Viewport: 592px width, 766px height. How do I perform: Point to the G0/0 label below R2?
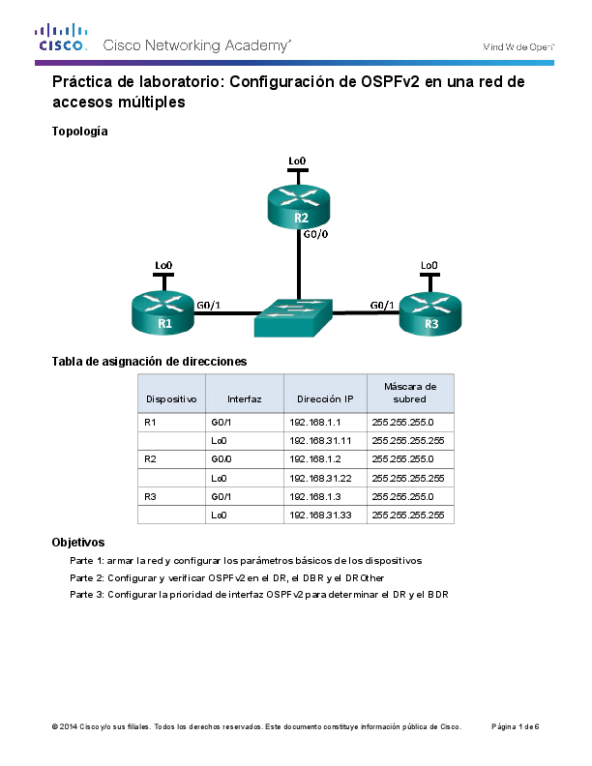point(315,235)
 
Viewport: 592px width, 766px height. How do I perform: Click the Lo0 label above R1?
point(163,264)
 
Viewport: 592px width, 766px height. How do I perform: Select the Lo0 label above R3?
point(429,264)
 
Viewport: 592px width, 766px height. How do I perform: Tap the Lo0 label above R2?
point(298,160)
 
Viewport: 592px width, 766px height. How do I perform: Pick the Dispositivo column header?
point(171,398)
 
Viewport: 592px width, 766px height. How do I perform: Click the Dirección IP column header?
point(325,398)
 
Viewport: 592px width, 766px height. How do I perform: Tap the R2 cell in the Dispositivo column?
point(150,459)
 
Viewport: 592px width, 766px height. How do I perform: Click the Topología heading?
point(79,131)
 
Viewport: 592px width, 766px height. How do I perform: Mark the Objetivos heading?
point(77,543)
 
